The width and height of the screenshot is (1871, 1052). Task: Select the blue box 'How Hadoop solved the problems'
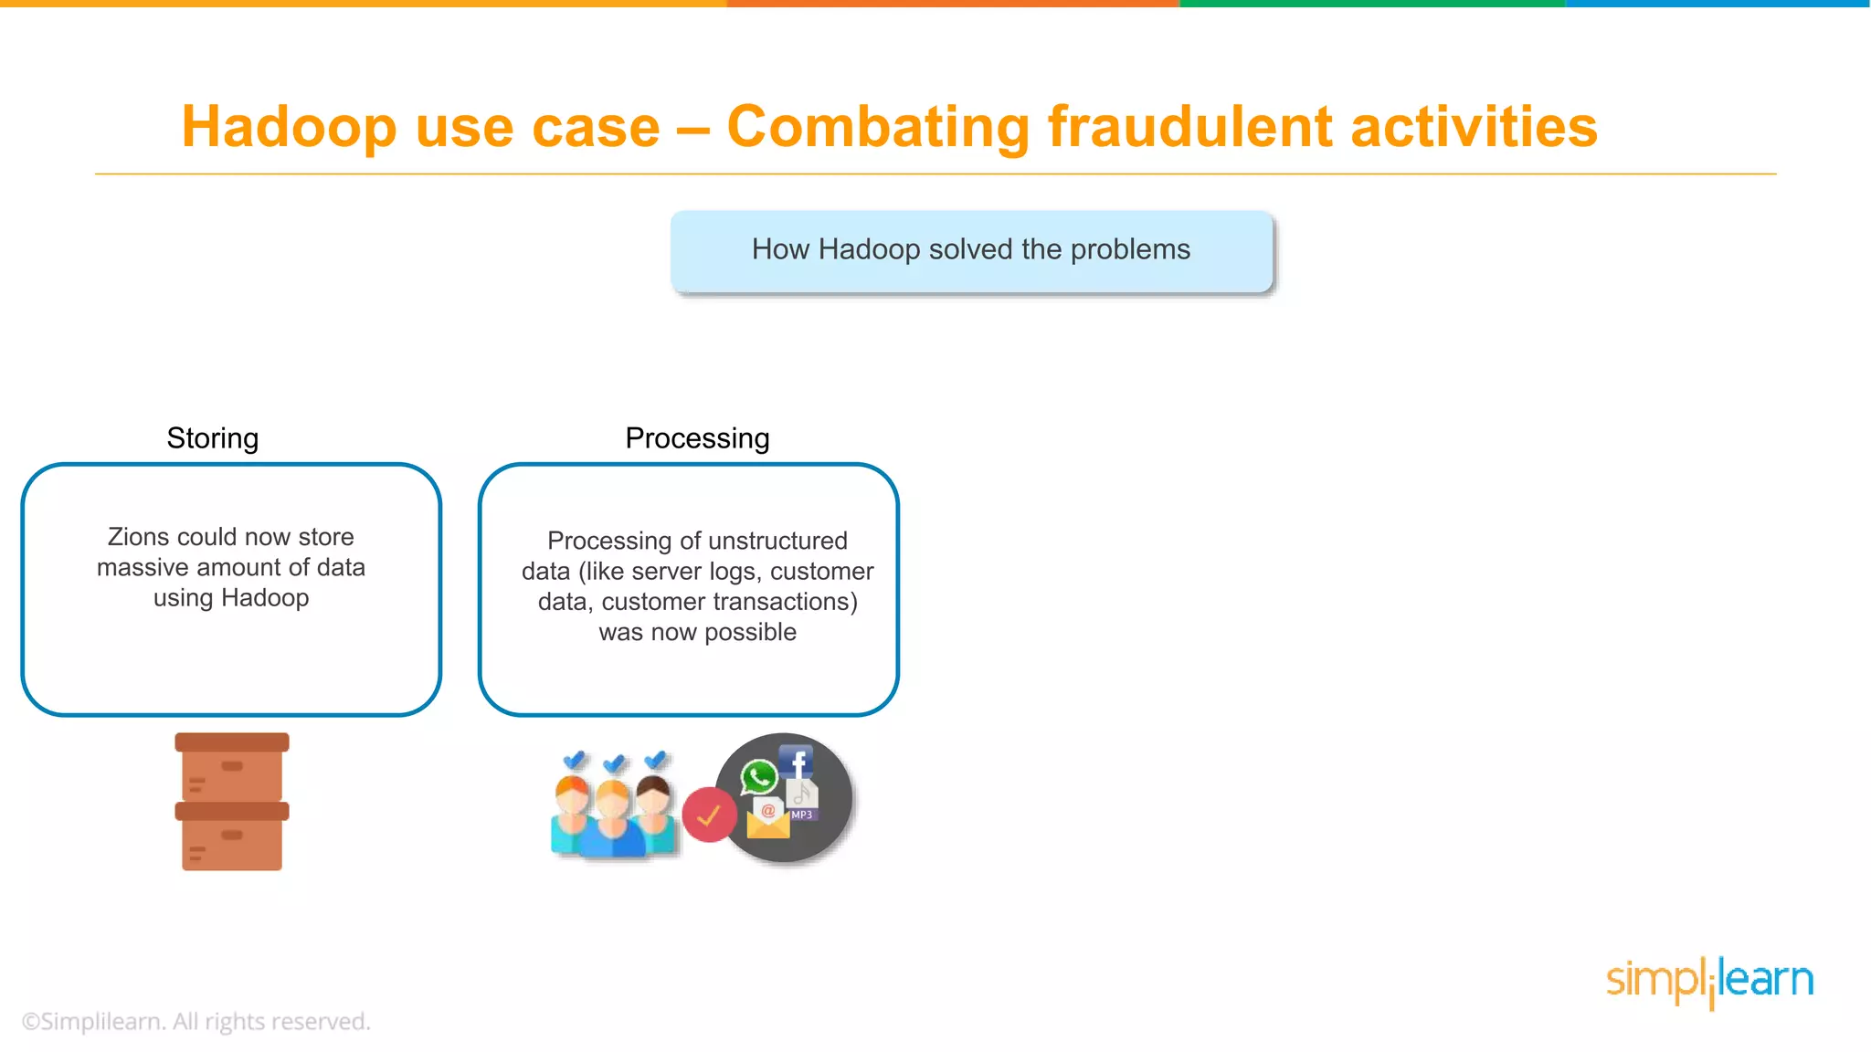point(970,250)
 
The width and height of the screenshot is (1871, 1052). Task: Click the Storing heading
point(212,438)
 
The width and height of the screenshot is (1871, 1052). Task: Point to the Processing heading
point(697,438)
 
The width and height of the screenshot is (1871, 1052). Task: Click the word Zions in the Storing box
point(138,537)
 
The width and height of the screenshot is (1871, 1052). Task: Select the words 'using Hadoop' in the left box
point(231,598)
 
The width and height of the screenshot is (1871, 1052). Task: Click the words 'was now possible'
point(697,632)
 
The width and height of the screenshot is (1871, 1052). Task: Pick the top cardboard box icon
point(232,767)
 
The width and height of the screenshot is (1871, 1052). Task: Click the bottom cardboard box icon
point(232,837)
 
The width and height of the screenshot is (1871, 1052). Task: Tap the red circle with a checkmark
point(709,815)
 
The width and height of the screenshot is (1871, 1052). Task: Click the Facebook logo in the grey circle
point(797,762)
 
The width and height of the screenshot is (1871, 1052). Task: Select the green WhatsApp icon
point(758,777)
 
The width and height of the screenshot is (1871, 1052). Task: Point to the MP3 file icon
point(802,801)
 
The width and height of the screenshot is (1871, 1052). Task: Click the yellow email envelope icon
point(767,819)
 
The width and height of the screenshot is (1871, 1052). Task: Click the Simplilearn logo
point(1709,981)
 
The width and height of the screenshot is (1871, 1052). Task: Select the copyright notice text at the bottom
point(196,1022)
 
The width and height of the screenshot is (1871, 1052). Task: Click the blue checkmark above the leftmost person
point(574,760)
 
